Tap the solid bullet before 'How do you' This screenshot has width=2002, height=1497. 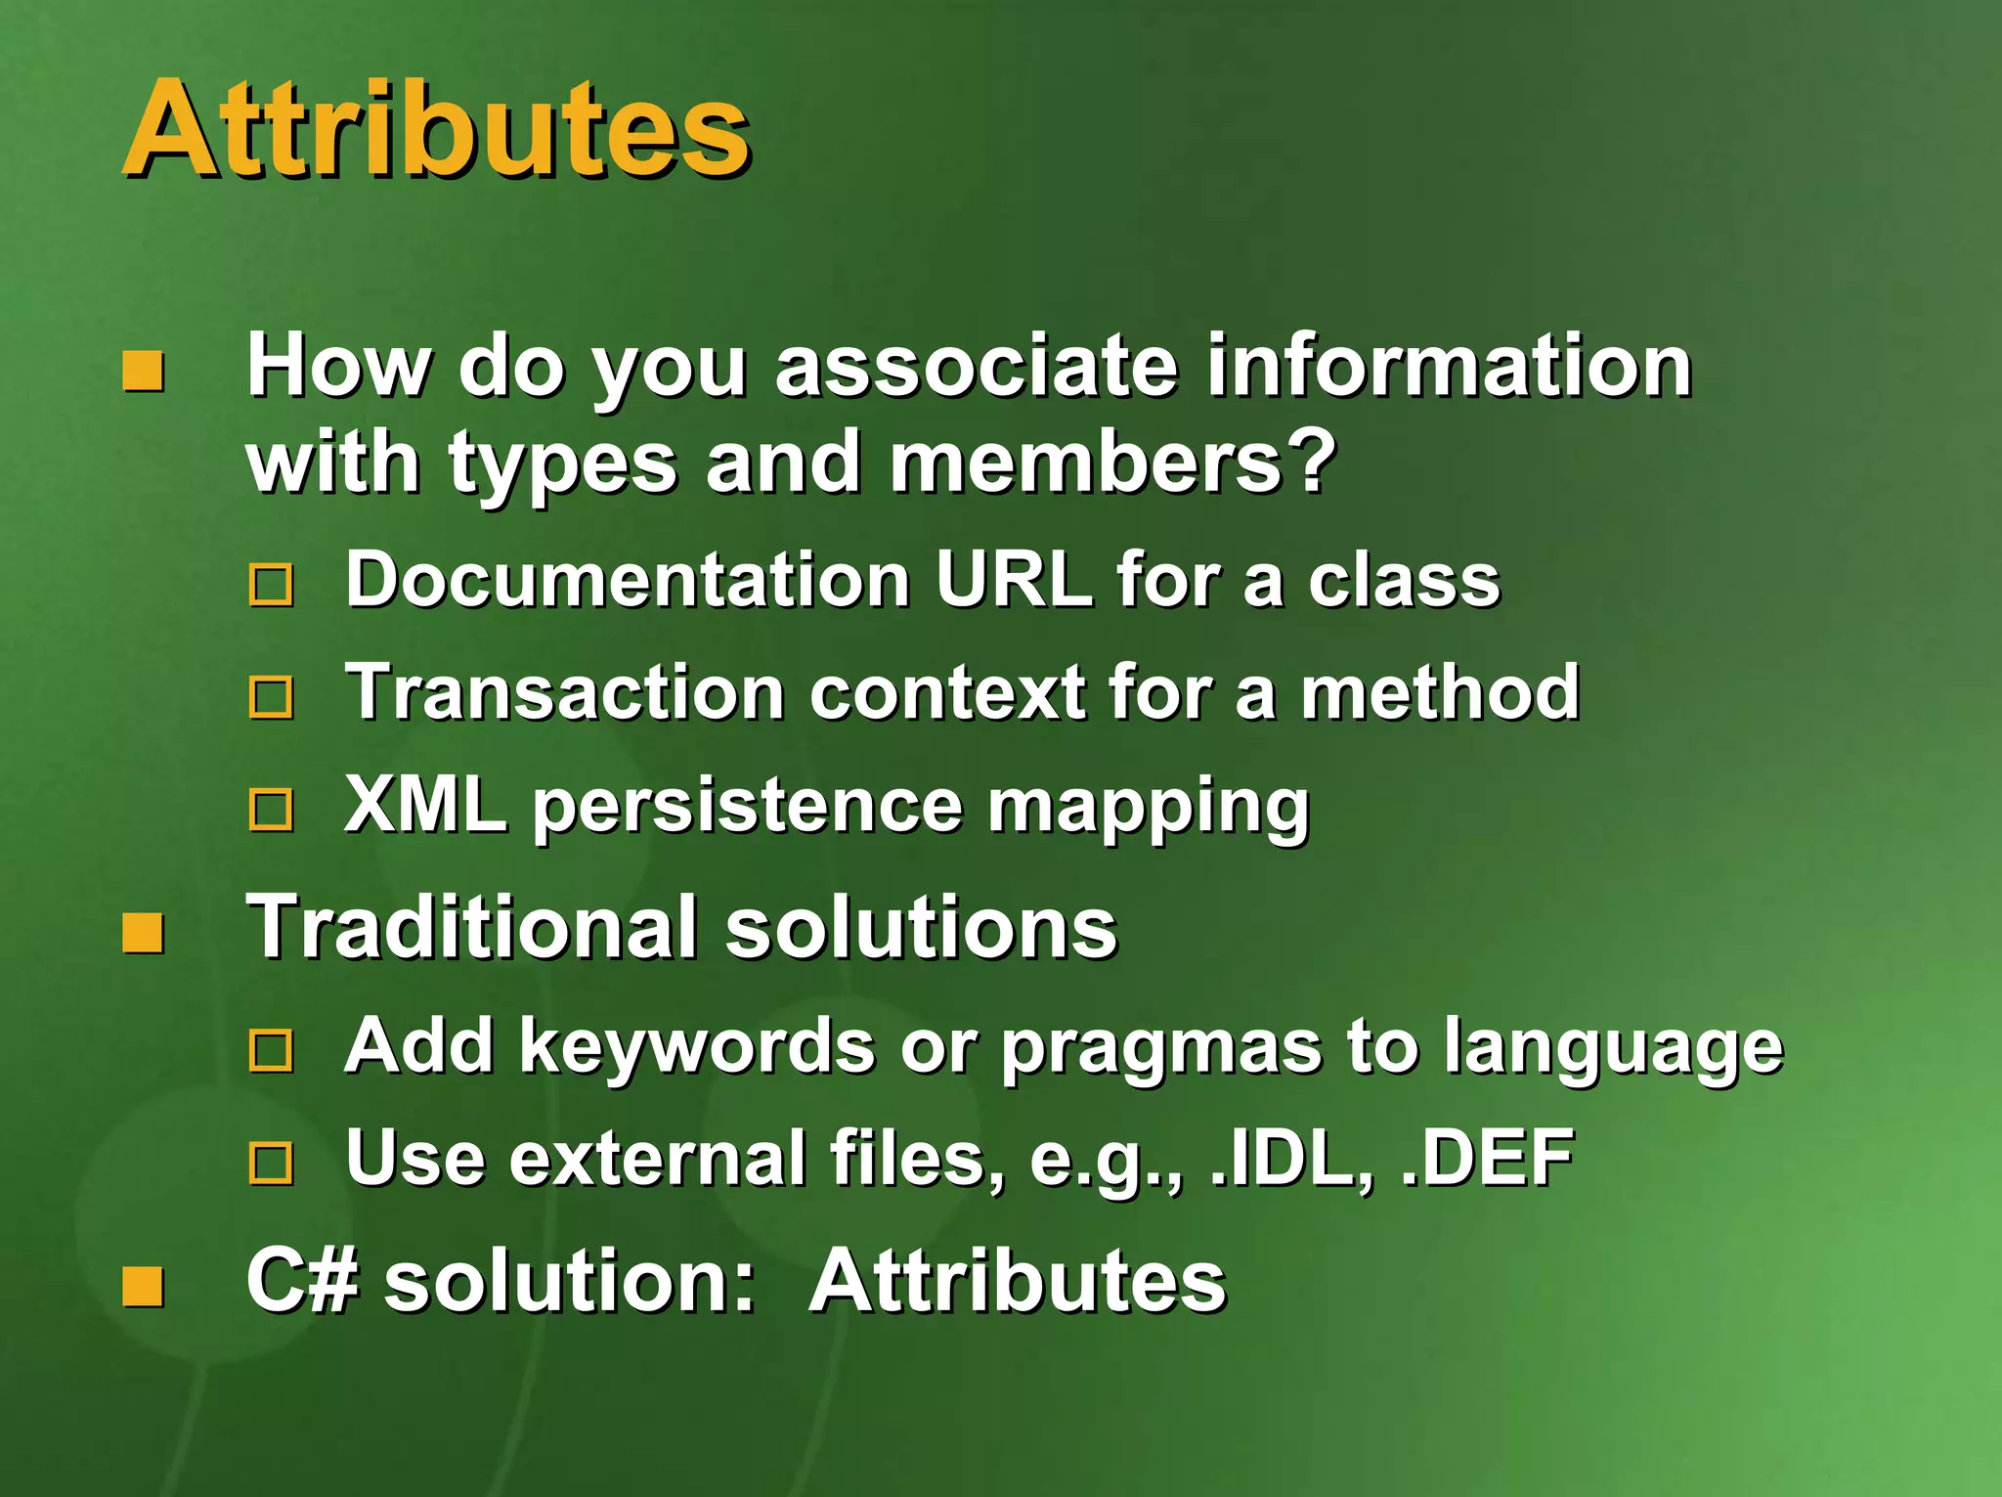(x=143, y=371)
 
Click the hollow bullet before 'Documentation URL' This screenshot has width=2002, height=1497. (x=271, y=584)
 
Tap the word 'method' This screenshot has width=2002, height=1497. (x=1439, y=691)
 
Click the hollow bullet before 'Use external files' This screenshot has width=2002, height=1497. (x=271, y=1163)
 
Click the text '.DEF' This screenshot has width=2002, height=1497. (x=1487, y=1158)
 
